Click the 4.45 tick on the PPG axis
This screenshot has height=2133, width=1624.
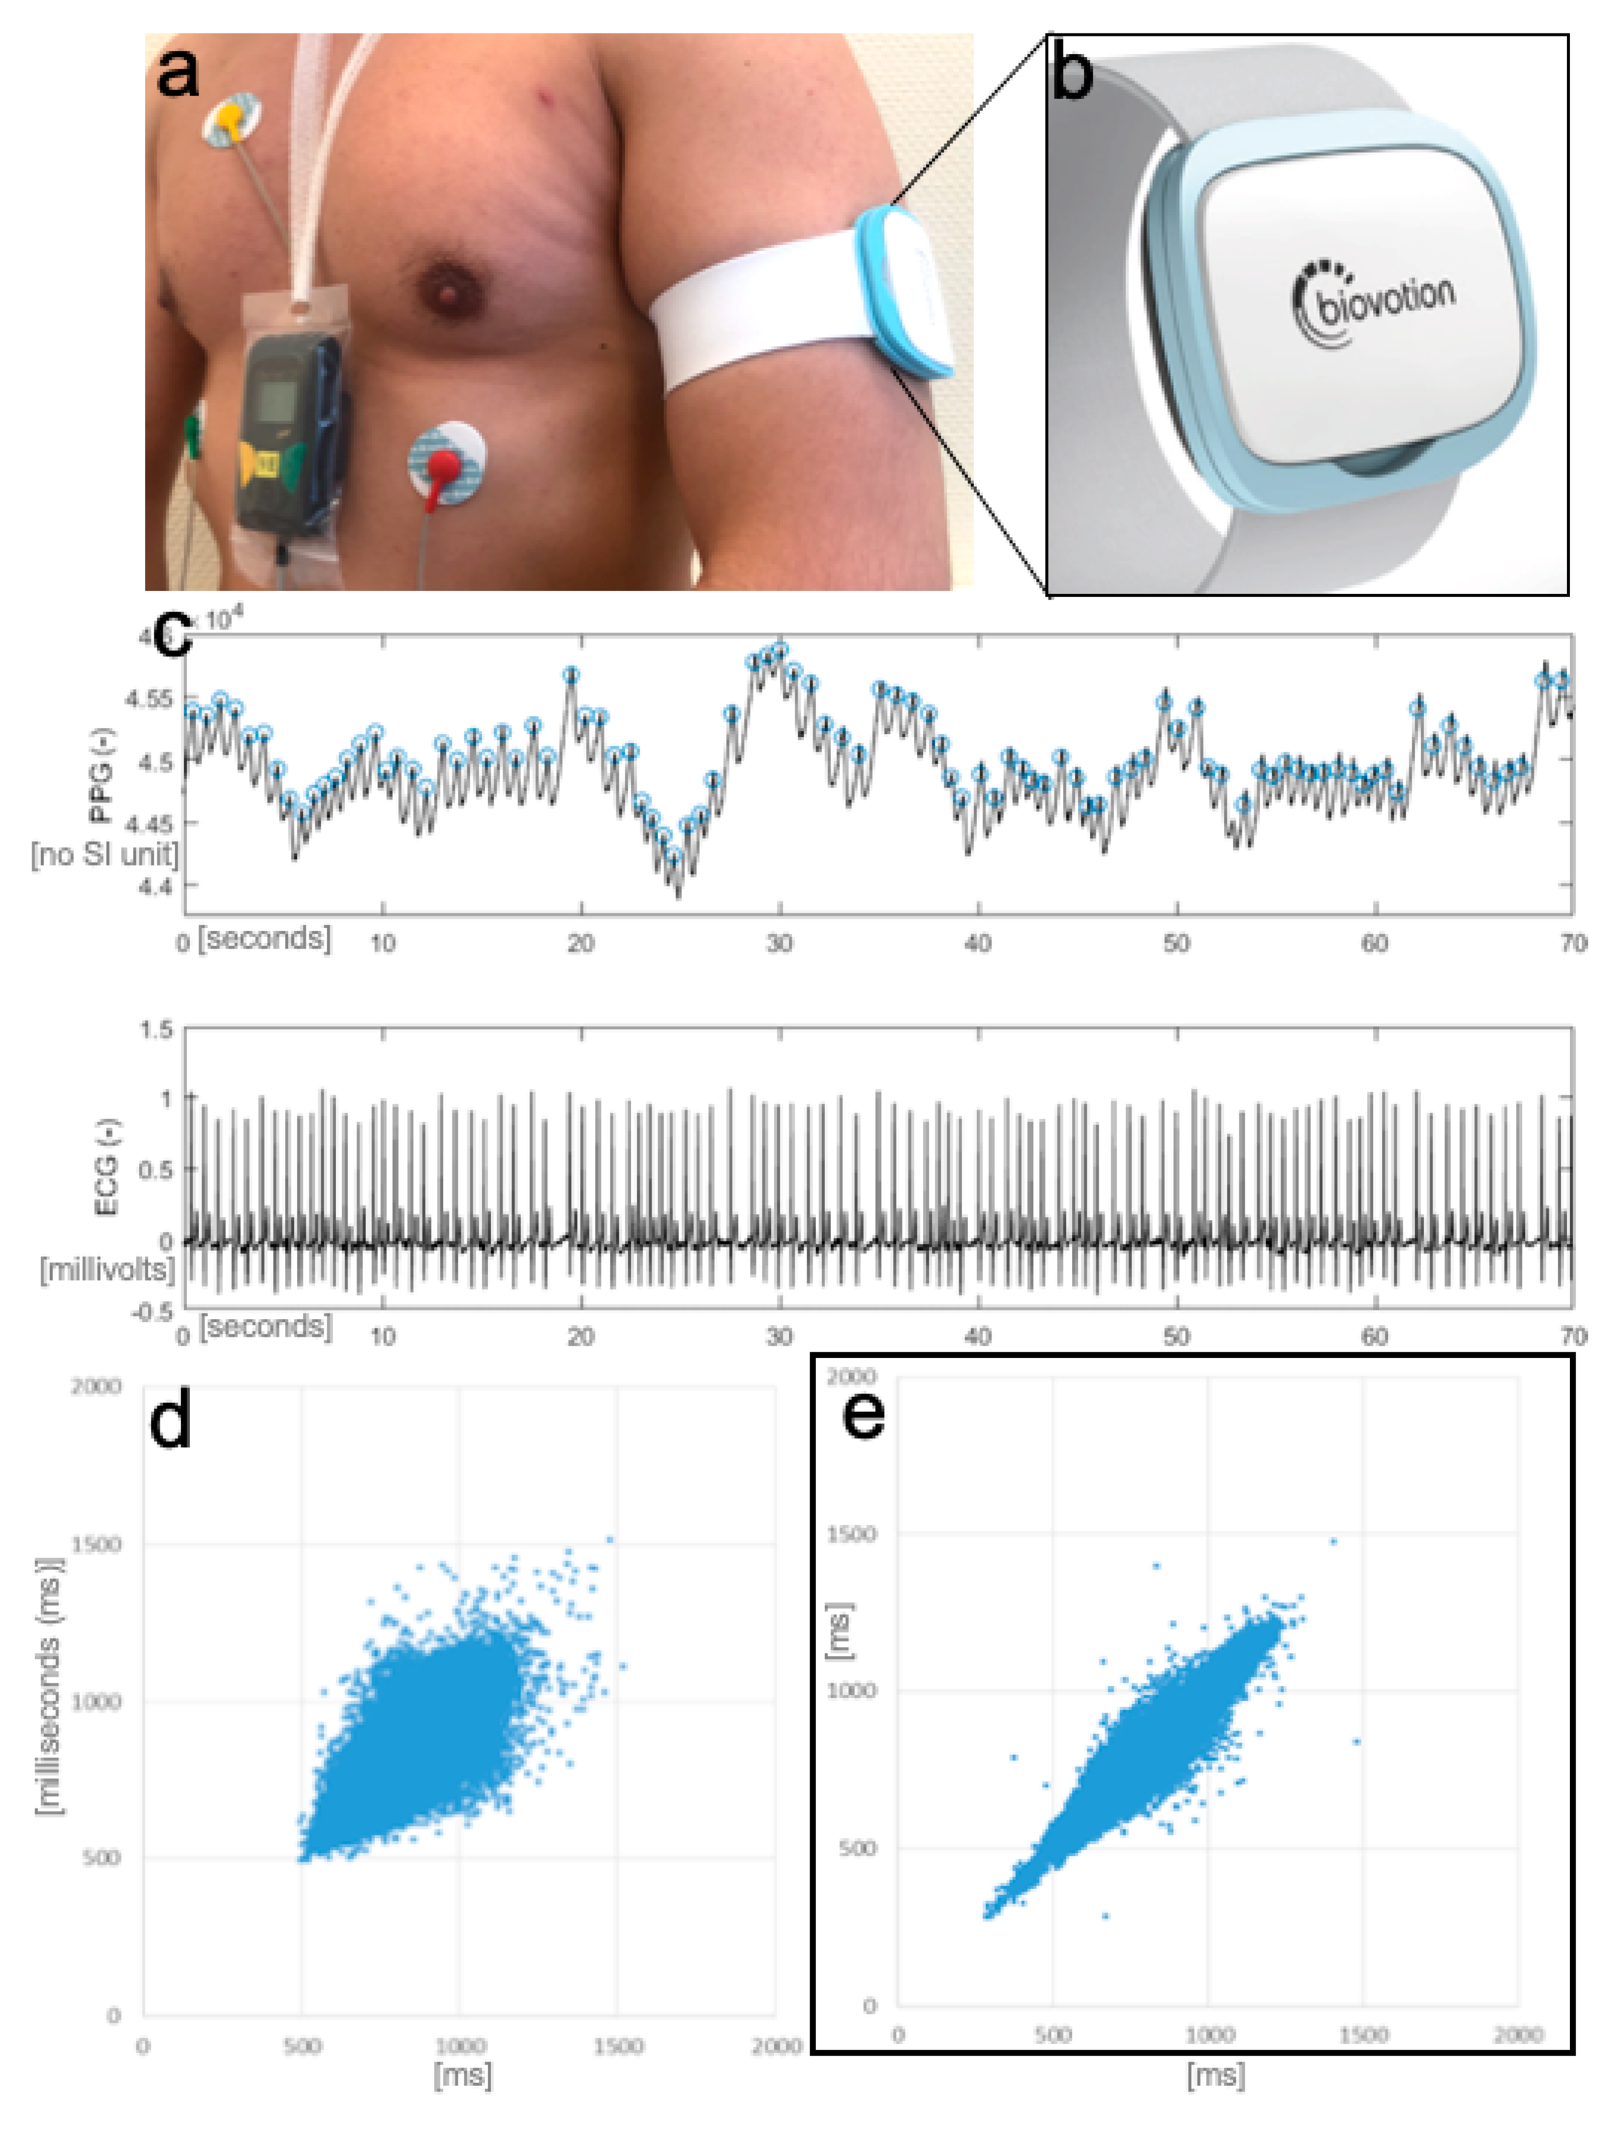tap(148, 824)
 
